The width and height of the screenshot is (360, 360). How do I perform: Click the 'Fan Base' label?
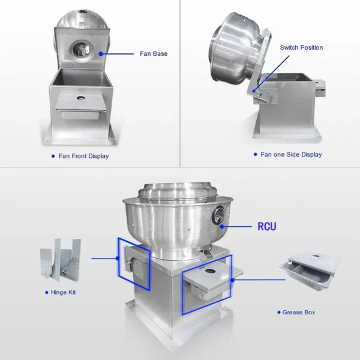154,54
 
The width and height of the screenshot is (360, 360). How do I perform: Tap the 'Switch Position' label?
301,47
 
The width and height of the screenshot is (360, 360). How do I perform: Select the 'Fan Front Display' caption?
83,156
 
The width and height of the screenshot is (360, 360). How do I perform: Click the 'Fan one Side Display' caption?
291,155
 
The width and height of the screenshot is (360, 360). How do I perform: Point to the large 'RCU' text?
267,226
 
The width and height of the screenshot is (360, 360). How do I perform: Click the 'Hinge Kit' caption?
63,292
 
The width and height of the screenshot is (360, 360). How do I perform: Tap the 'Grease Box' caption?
299,312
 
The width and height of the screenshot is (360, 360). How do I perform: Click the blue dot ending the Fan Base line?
101,54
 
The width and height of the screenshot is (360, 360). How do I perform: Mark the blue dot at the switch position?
254,91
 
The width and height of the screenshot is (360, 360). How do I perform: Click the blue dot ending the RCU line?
222,227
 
